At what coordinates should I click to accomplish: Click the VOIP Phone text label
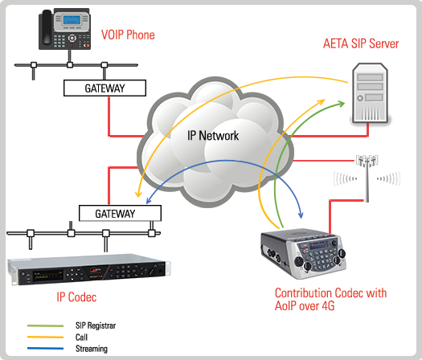128,35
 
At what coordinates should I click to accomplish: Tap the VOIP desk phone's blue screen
72,19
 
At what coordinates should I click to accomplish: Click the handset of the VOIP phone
47,27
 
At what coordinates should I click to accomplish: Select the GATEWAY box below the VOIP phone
104,88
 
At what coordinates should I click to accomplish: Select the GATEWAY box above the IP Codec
120,214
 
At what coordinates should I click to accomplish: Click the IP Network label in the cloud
213,136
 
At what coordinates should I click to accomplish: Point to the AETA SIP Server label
361,44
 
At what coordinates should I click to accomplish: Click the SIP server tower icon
371,94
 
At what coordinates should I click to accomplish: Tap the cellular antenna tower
367,178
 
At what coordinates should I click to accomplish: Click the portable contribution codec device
303,254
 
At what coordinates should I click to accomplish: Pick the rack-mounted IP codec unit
88,269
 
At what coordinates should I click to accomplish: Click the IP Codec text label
76,297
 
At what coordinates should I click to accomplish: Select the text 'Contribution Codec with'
330,293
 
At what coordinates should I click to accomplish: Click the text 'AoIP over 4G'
305,306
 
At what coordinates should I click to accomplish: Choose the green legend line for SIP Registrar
45,325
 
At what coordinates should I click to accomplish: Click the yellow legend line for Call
45,337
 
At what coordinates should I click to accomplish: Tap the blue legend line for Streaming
45,349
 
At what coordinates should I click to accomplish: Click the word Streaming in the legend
92,349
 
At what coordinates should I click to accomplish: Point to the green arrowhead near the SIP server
342,104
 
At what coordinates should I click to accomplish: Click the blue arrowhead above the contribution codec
301,215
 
